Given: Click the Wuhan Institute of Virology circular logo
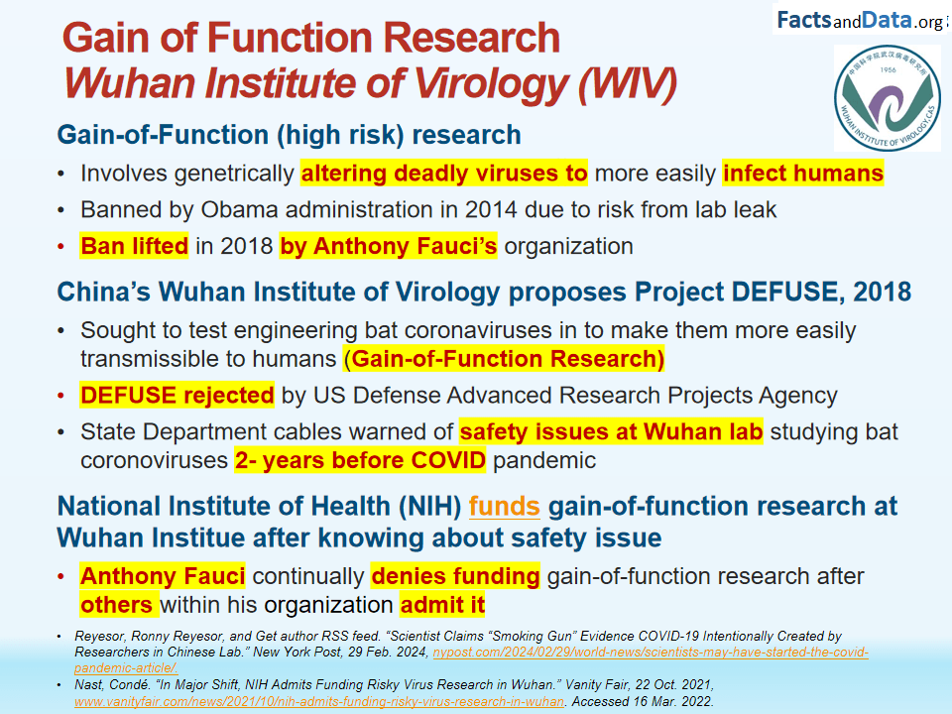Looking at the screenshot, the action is click(x=887, y=98).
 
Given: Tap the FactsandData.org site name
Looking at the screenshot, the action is click(x=861, y=21).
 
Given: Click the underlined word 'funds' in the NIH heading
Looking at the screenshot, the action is click(x=504, y=507).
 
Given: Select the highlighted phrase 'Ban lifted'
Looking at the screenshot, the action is click(x=134, y=246).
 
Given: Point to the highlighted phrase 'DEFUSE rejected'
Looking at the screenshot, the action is click(x=177, y=396).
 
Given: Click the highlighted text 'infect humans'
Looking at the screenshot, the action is click(x=802, y=173).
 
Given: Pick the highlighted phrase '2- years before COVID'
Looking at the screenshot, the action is click(x=360, y=460).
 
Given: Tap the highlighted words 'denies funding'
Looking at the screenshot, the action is click(x=455, y=576).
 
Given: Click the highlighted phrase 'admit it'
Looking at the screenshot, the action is click(x=442, y=605).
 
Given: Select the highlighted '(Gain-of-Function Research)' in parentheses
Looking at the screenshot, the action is click(x=504, y=359).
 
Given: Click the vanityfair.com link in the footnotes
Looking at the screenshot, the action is click(x=319, y=701).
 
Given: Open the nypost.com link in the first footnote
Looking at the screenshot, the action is click(x=471, y=660).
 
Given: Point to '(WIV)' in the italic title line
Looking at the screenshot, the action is click(x=628, y=83).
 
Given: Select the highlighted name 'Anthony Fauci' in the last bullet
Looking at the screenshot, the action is click(x=163, y=576).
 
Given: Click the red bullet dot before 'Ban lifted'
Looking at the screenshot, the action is click(x=60, y=247).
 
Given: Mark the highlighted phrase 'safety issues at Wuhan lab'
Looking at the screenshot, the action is click(x=611, y=431).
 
